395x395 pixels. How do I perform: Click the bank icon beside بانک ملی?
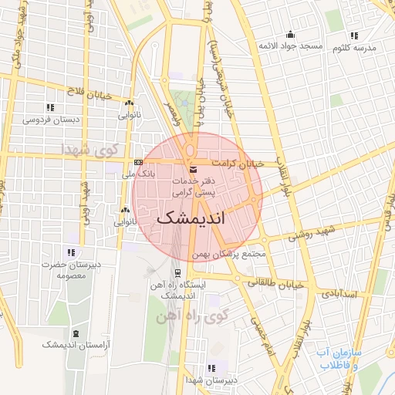click(138, 163)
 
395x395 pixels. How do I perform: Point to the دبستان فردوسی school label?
click(48, 120)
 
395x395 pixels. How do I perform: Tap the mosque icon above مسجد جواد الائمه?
click(290, 34)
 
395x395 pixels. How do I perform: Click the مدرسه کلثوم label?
click(354, 48)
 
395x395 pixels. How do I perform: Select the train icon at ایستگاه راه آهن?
click(179, 272)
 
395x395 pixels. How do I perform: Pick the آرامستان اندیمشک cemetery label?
click(76, 345)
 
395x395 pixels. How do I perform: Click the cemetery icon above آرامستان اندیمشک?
click(76, 333)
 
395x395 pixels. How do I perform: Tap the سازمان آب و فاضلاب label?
click(339, 358)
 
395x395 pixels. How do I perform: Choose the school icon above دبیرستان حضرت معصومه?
click(71, 252)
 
